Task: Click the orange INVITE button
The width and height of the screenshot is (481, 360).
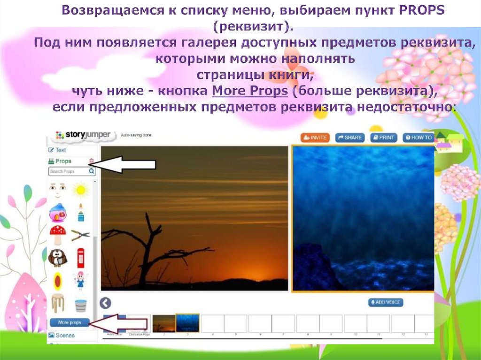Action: pyautogui.click(x=315, y=138)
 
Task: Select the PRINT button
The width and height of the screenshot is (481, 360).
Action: pyautogui.click(x=384, y=138)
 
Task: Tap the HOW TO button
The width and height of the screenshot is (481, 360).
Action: pyautogui.click(x=418, y=138)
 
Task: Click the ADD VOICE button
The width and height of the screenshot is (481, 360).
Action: pyautogui.click(x=386, y=303)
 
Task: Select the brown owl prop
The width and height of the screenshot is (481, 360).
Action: pyautogui.click(x=58, y=257)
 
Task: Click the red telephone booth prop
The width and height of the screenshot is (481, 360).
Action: pyautogui.click(x=81, y=257)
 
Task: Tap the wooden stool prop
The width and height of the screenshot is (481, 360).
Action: pyautogui.click(x=58, y=303)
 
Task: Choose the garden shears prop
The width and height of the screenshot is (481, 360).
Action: pyautogui.click(x=81, y=235)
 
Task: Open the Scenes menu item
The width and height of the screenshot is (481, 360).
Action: pyautogui.click(x=65, y=336)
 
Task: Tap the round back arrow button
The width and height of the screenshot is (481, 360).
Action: pyautogui.click(x=106, y=303)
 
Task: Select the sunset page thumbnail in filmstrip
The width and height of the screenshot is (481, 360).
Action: pyautogui.click(x=163, y=324)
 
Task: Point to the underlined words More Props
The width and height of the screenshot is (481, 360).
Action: pyautogui.click(x=249, y=91)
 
